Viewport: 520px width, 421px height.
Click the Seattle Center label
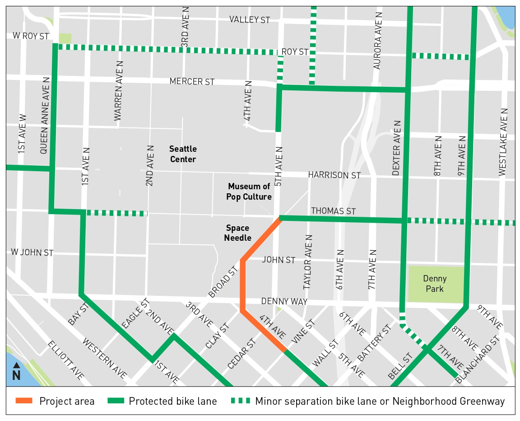183,154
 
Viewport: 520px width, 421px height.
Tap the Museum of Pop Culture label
250,192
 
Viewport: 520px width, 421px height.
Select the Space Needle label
238,233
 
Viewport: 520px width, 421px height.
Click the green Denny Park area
435,284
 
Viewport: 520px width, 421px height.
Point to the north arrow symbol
16,372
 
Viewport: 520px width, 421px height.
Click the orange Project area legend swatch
24,401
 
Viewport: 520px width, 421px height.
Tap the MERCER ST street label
192,82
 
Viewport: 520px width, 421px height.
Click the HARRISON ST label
334,175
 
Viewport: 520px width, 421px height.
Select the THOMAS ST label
333,211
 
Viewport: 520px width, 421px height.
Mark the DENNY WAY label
284,301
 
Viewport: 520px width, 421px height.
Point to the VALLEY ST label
250,19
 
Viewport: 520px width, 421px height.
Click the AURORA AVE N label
378,40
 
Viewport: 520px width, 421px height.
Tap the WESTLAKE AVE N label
504,142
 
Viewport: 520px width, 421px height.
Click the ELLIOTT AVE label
65,360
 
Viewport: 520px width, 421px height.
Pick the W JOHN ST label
32,253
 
